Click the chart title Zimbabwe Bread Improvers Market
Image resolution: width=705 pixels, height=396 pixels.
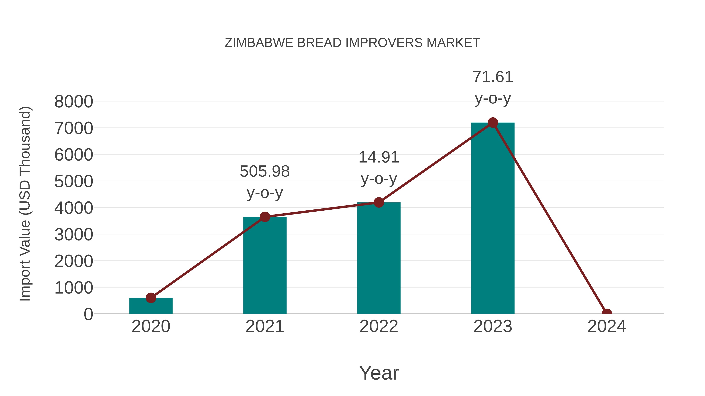(352, 43)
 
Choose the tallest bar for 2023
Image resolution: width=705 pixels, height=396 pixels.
(493, 219)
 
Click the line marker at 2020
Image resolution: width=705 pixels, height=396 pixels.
(151, 298)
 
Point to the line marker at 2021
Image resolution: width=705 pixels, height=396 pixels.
(265, 217)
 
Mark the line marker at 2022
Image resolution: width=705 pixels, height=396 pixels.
(379, 203)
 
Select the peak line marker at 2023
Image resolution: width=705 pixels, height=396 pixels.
(493, 123)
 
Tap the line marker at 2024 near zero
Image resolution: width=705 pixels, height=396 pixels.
(606, 313)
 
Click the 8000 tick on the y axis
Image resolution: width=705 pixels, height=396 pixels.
(74, 102)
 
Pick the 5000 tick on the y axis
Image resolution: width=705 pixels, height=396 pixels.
(74, 181)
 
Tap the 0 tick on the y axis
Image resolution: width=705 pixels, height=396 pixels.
(88, 314)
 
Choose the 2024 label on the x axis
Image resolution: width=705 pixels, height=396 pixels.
(606, 326)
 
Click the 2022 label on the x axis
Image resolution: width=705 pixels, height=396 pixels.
(379, 326)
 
